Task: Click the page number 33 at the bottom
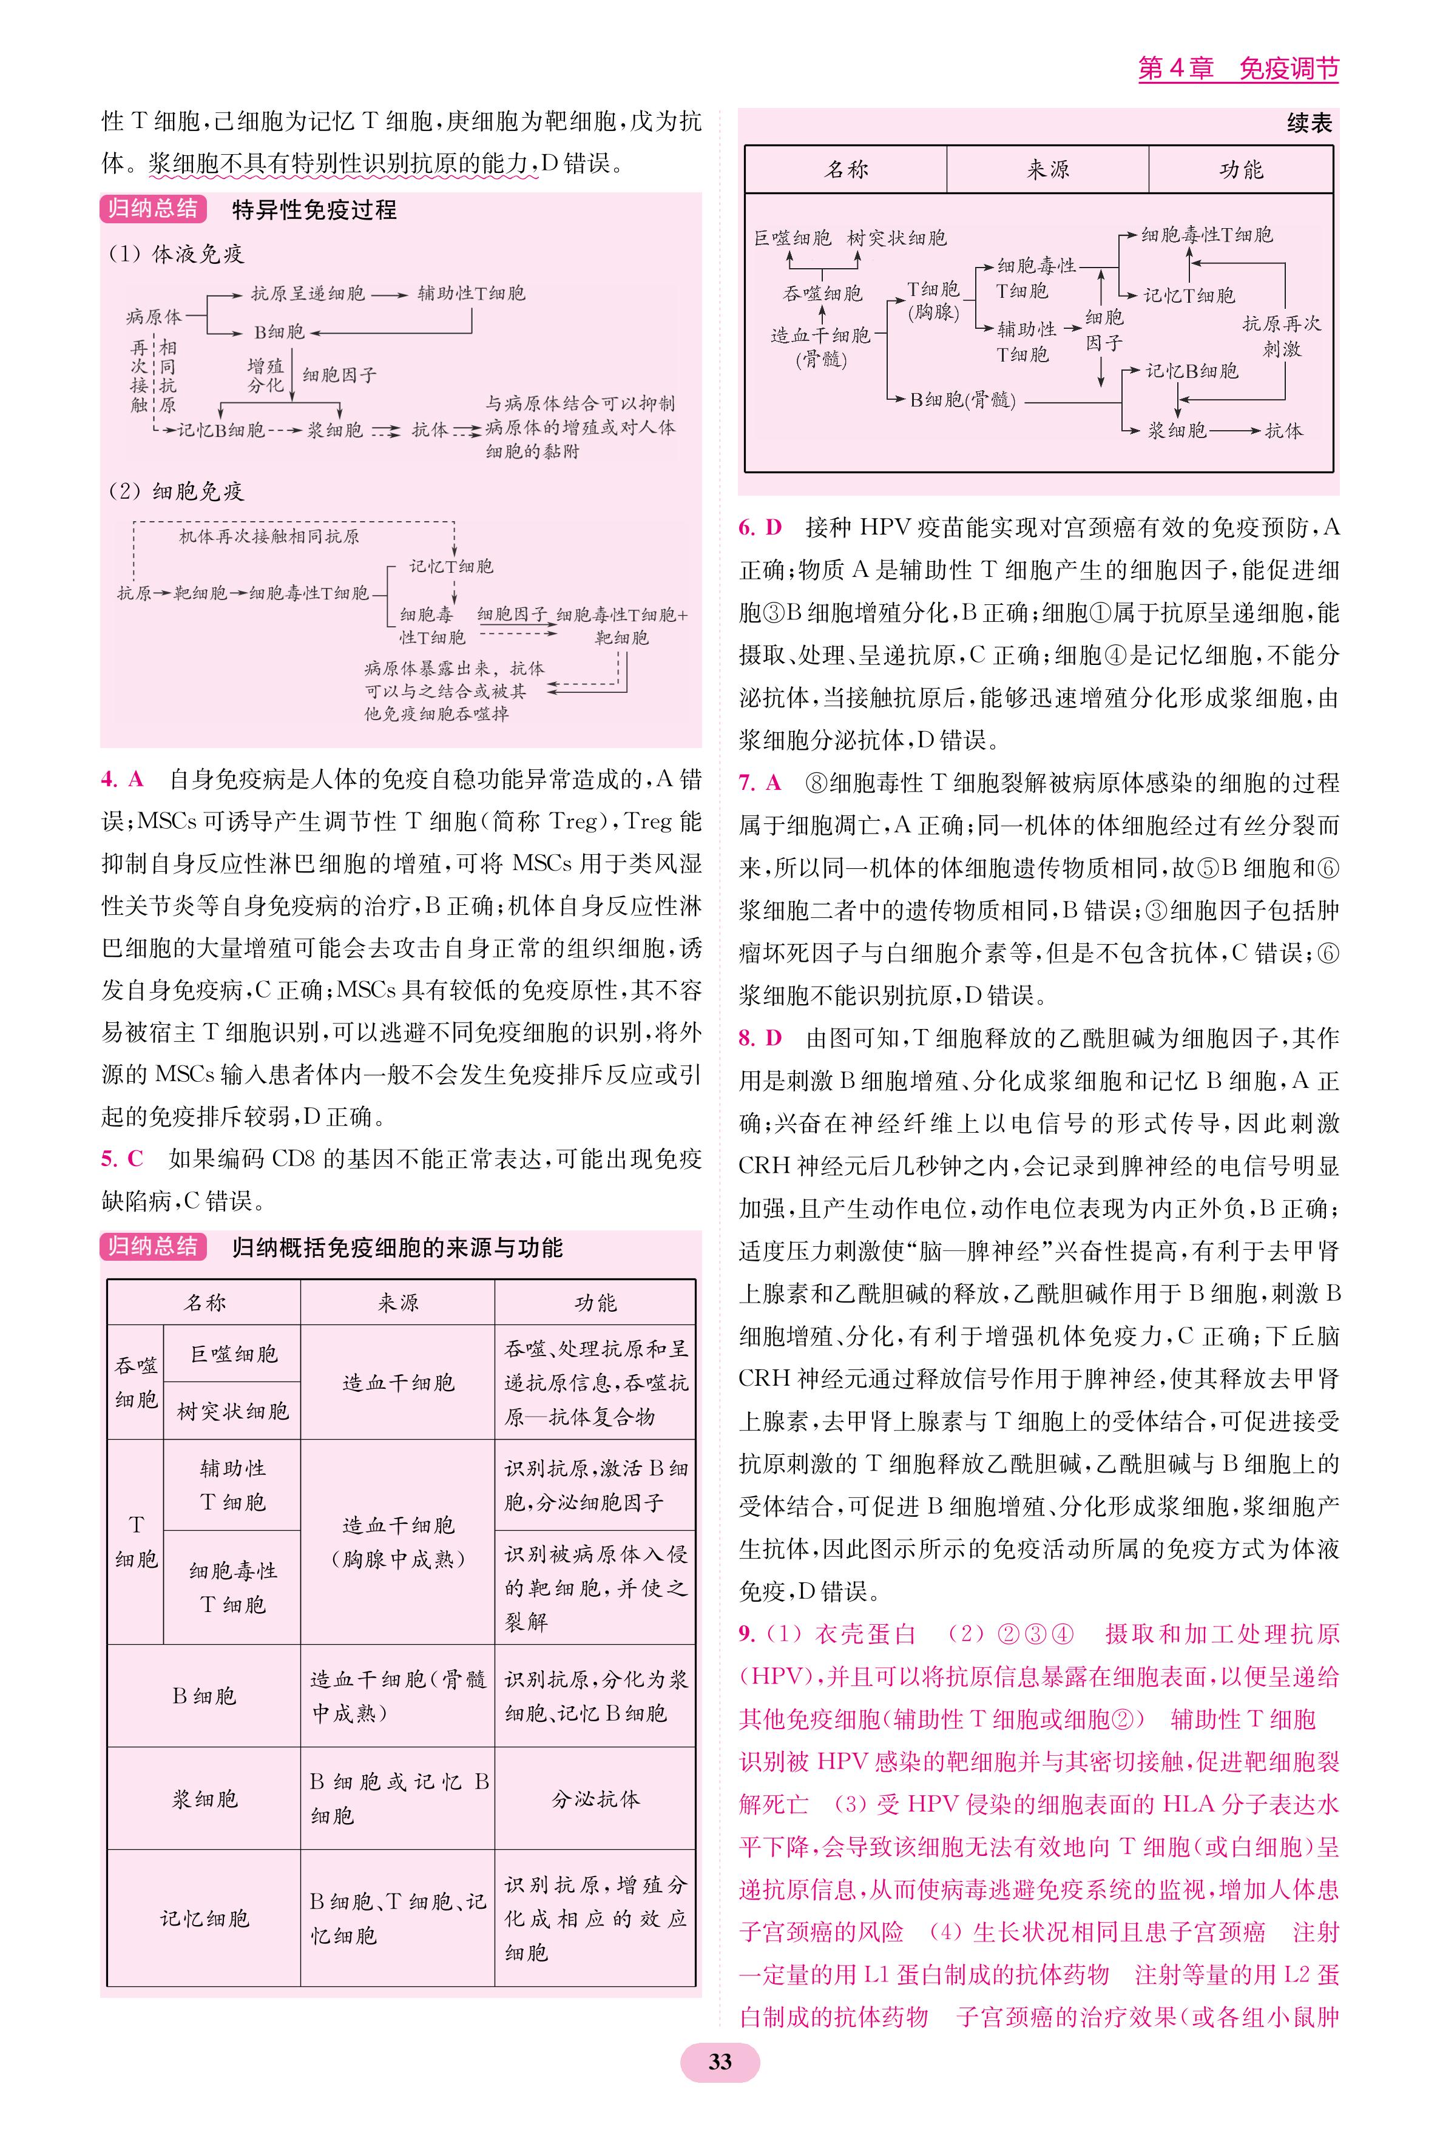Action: [x=719, y=2062]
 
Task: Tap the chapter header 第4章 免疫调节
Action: [x=1237, y=68]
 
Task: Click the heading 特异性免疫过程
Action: [x=314, y=209]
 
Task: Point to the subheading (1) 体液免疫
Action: [x=177, y=254]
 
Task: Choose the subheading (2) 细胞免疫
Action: [x=177, y=491]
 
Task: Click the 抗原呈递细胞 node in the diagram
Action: [x=308, y=294]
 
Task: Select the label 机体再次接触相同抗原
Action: [x=268, y=536]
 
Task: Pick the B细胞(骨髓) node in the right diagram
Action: [x=962, y=399]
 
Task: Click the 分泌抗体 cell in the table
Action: [x=595, y=1798]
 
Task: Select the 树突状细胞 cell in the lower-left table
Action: [x=232, y=1411]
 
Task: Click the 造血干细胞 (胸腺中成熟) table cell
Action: [x=397, y=1542]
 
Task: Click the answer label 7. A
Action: [x=760, y=783]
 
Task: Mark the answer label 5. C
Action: [x=122, y=1158]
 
